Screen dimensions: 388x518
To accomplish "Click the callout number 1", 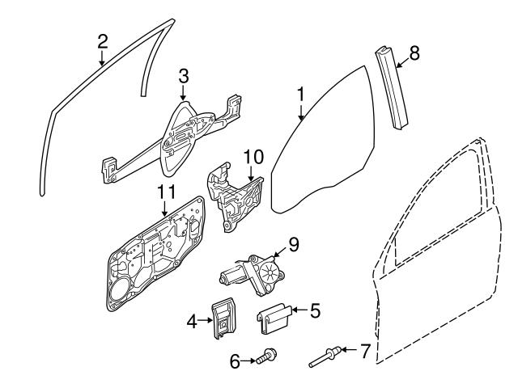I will [300, 95].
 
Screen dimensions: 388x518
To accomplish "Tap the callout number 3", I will [183, 76].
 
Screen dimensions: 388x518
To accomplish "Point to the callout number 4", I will [192, 322].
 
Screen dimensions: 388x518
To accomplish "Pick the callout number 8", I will [414, 53].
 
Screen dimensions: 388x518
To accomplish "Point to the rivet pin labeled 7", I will [327, 356].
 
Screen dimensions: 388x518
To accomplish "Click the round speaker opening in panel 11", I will [123, 295].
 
